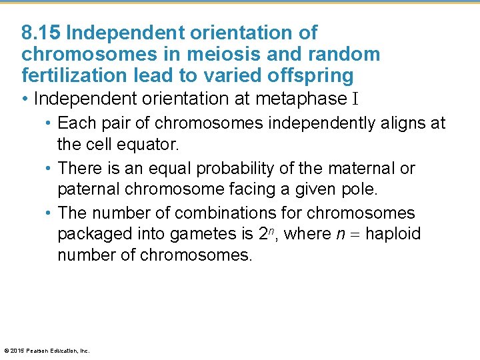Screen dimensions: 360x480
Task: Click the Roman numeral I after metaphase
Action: pyautogui.click(x=355, y=99)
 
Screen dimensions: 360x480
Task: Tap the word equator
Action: pyautogui.click(x=156, y=144)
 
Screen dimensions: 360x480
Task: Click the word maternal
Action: pyautogui.click(x=365, y=168)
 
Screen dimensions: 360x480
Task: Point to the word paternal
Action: pyautogui.click(x=89, y=189)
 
